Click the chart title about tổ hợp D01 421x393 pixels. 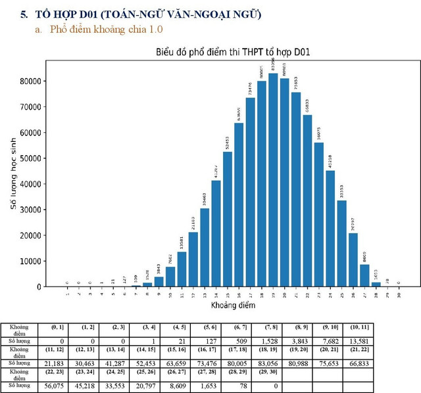point(233,52)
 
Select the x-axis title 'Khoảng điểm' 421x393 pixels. point(233,306)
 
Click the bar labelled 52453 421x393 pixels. point(227,220)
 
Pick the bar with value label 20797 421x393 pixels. point(353,260)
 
